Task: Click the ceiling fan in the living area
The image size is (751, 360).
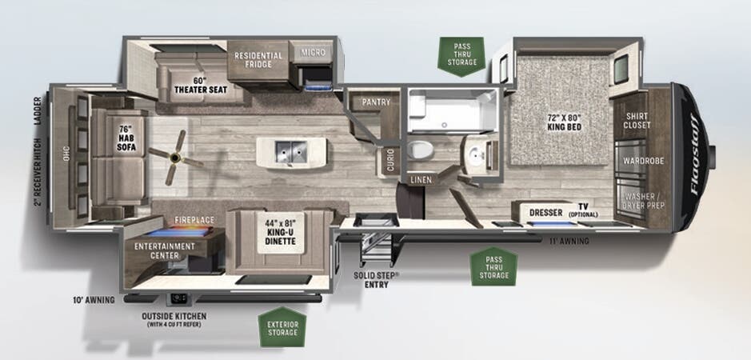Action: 176,158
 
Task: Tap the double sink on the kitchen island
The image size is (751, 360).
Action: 291,151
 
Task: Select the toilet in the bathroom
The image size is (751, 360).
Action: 421,149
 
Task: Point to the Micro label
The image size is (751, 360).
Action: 314,52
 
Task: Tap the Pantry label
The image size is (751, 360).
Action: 376,102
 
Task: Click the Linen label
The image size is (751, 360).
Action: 421,180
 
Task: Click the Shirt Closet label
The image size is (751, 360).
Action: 637,120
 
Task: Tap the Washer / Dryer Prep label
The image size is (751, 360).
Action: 644,201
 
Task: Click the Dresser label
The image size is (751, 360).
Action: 546,212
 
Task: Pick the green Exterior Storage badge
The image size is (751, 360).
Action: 282,328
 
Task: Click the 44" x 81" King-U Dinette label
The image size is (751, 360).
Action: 280,232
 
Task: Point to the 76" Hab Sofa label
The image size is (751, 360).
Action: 126,139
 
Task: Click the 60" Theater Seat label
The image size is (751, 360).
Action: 201,85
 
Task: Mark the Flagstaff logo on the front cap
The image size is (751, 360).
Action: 696,155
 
